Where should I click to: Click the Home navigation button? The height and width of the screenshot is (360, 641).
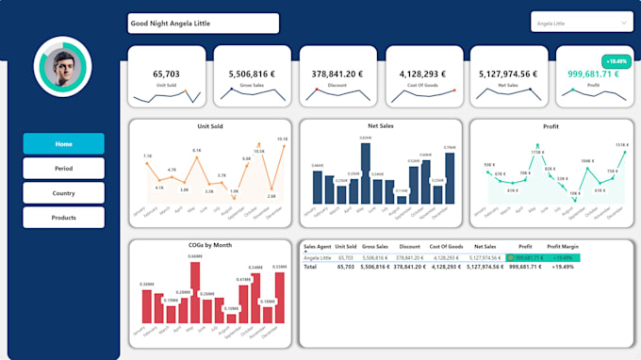click(63, 144)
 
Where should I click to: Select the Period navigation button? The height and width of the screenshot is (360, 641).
click(63, 169)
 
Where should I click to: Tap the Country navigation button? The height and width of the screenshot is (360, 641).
click(63, 193)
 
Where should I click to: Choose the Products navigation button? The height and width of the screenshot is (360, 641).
click(63, 218)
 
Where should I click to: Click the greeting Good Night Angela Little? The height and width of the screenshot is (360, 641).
click(202, 24)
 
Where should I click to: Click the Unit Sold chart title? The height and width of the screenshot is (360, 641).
click(212, 125)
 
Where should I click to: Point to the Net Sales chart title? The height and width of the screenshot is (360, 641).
click(381, 125)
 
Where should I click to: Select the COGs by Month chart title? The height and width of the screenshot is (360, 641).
click(209, 245)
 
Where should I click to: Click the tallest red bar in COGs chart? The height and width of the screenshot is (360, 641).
click(195, 292)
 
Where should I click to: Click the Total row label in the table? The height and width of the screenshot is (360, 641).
click(310, 267)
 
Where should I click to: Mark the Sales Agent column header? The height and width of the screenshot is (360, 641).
click(317, 247)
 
